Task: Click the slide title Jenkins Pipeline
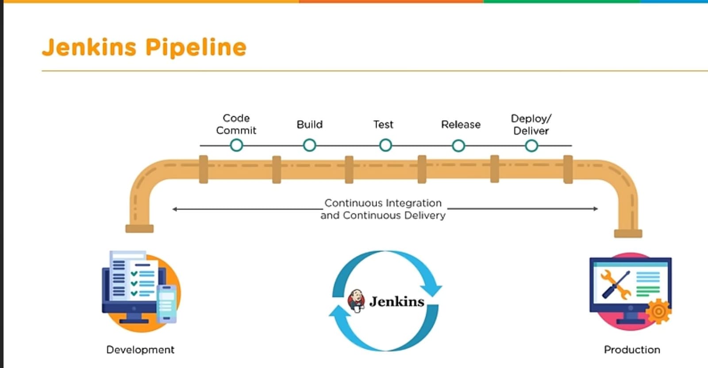point(144,47)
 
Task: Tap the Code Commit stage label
point(236,124)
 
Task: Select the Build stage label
point(309,125)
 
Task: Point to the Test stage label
point(383,125)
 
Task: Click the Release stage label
point(461,125)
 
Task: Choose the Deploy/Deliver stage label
point(531,125)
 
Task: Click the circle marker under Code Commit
point(236,145)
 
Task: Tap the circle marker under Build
point(309,145)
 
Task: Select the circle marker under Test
point(385,145)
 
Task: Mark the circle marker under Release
point(458,145)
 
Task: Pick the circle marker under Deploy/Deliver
point(531,145)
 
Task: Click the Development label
point(140,350)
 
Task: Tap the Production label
point(632,350)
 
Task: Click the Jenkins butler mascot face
point(356,300)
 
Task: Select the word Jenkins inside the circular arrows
point(396,301)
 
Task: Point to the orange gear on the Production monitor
point(658,311)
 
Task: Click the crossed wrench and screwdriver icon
point(616,284)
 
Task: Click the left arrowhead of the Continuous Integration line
point(175,209)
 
